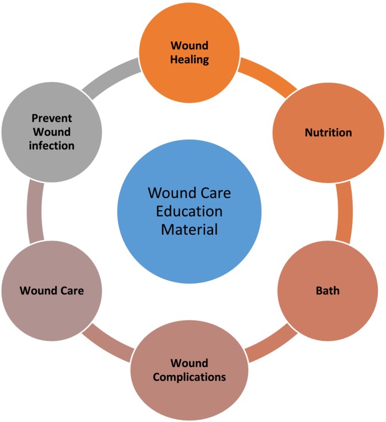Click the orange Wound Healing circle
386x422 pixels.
189,52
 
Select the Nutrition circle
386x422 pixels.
328,133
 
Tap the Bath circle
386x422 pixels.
328,291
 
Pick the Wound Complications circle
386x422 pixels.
190,370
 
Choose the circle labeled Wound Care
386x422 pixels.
52,291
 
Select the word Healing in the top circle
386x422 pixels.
190,59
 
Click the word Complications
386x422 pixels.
190,378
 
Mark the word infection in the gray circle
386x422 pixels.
52,146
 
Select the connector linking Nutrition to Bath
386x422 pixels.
344,212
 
